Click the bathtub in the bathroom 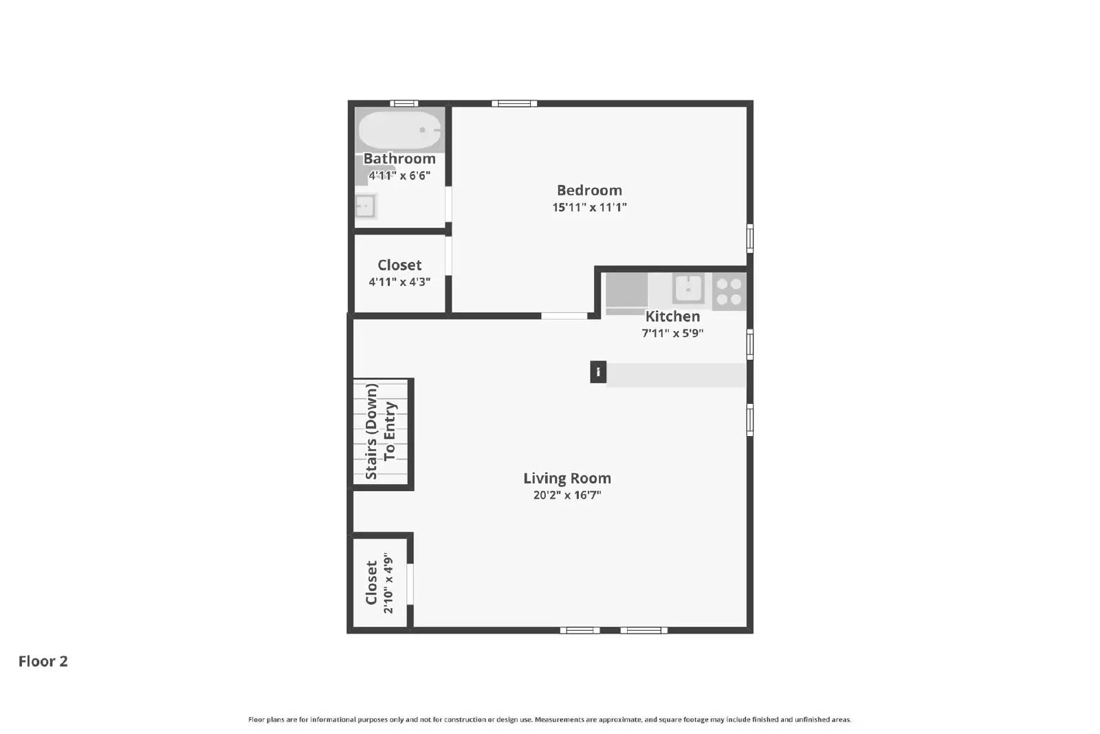tap(399, 130)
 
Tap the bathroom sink tap(365, 206)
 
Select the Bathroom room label tap(399, 159)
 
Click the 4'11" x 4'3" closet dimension tap(399, 282)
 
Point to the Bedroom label tap(589, 191)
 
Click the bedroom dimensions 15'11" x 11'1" tap(589, 208)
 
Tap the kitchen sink tap(687, 288)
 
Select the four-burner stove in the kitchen tap(729, 291)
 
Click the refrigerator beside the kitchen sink tap(626, 291)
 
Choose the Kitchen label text tap(672, 316)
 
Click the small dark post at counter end tap(598, 372)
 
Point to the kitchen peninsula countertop tap(676, 375)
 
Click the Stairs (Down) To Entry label tap(381, 431)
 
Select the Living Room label tap(567, 478)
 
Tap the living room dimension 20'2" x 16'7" tap(567, 495)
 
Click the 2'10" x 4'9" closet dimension tap(388, 583)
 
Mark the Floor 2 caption tap(43, 661)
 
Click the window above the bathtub tap(404, 104)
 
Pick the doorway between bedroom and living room tap(564, 316)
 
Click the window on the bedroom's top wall tap(514, 104)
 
